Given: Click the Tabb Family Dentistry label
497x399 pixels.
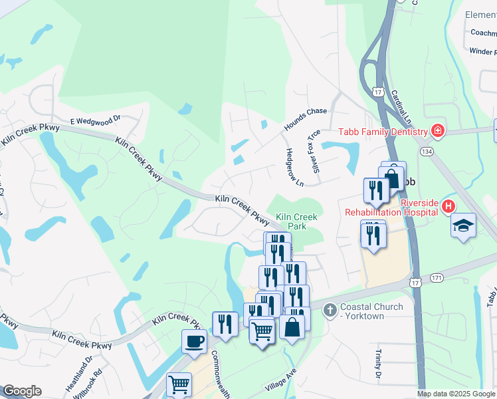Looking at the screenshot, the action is click(383, 132).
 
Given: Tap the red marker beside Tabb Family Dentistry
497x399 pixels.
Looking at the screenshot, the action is click(437, 130).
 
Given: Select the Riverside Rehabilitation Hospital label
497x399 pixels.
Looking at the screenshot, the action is click(391, 207).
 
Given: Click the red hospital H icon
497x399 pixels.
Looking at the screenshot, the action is click(448, 207).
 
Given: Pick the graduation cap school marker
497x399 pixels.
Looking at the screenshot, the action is click(462, 225).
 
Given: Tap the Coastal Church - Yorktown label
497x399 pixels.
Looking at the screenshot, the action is click(371, 311).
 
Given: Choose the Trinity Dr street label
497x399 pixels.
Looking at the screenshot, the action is click(377, 366).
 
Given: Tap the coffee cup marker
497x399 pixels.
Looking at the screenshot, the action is click(194, 342).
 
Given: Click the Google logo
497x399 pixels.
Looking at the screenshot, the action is click(21, 391).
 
